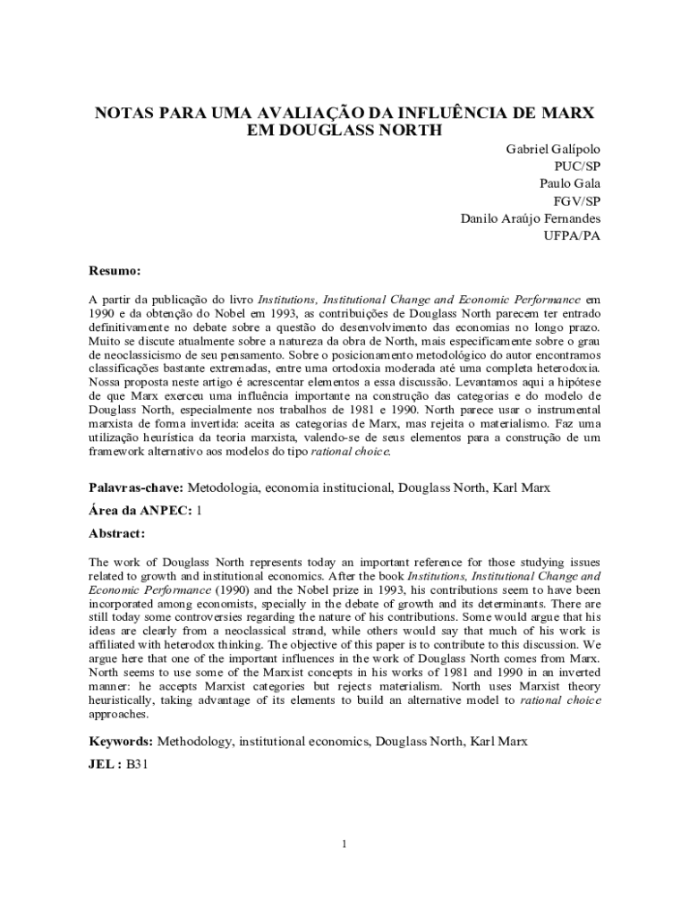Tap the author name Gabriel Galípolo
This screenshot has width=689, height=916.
(x=554, y=148)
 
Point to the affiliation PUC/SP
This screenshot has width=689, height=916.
(x=577, y=165)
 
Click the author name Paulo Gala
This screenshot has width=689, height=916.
(x=569, y=183)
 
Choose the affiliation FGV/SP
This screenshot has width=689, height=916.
(x=577, y=200)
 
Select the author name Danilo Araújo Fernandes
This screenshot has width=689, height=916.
(x=530, y=218)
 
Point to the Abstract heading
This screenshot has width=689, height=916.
(x=116, y=533)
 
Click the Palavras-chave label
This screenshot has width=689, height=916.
(x=136, y=488)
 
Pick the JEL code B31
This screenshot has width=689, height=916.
(x=137, y=765)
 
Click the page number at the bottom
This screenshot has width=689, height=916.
(x=344, y=844)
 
